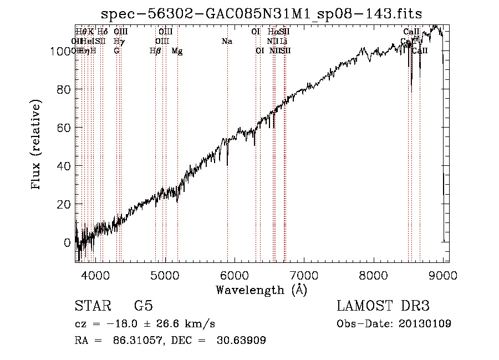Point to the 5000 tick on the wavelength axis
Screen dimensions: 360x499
click(165, 275)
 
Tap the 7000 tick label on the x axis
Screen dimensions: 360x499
click(304, 275)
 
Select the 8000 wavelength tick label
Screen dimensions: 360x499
click(374, 275)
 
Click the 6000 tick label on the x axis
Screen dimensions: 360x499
click(235, 275)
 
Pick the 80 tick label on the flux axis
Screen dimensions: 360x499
click(64, 89)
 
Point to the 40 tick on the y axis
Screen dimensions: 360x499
click(64, 166)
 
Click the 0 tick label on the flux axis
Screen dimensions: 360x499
click(68, 242)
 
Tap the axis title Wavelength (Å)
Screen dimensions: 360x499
click(261, 290)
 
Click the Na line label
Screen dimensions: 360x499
click(226, 41)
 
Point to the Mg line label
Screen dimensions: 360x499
click(177, 51)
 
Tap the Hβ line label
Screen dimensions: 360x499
click(155, 51)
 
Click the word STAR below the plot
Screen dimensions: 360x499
click(92, 306)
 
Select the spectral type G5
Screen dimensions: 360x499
click(144, 306)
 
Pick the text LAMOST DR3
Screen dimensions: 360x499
click(383, 306)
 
